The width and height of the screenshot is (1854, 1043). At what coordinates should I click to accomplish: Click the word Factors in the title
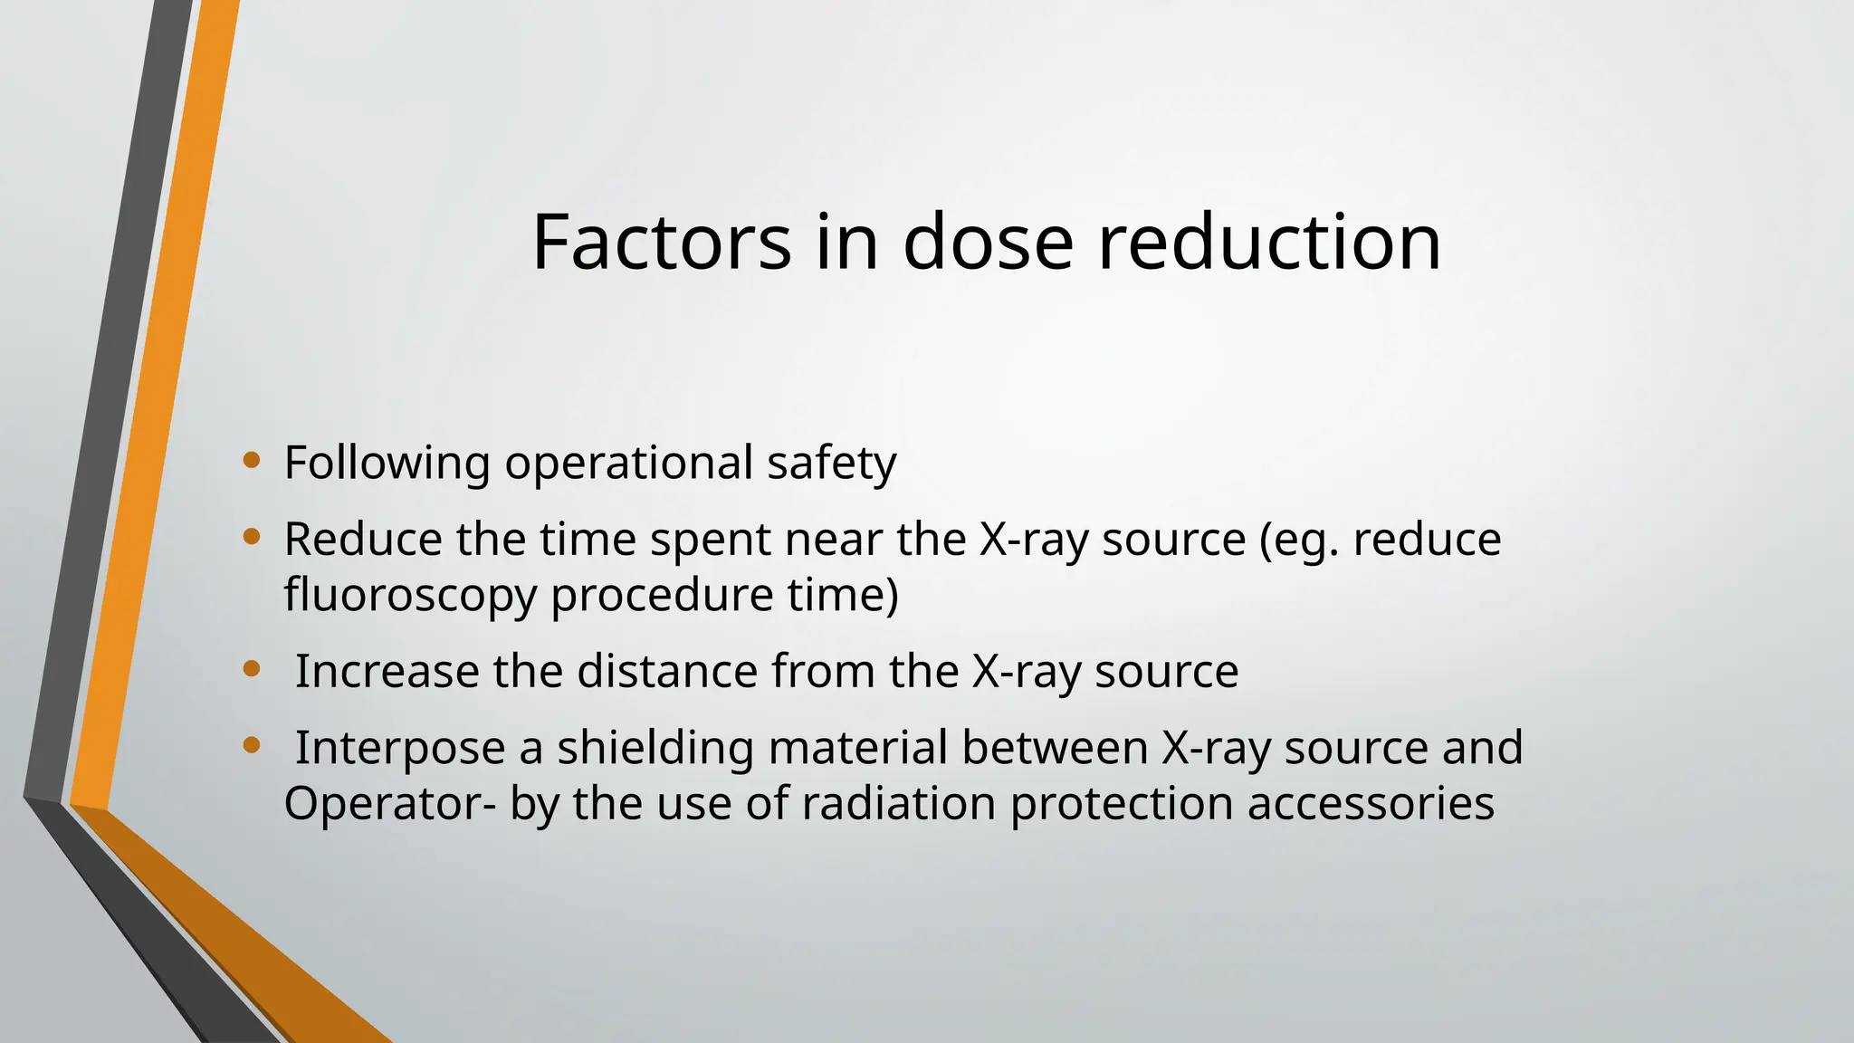pos(660,242)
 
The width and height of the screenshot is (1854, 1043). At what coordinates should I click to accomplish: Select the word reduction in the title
pos(1269,242)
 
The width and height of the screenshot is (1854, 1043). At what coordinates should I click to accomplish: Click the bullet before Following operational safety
pos(252,461)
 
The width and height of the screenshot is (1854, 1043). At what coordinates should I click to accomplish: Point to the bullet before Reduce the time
pos(252,538)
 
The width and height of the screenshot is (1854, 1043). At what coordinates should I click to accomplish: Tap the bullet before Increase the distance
pos(252,670)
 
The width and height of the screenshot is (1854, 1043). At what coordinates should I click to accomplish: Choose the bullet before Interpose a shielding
pos(252,746)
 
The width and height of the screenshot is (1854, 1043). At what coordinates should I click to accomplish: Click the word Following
pos(387,464)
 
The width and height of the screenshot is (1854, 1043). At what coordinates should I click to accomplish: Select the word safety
pos(831,464)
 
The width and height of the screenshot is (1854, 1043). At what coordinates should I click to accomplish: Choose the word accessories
pos(1371,803)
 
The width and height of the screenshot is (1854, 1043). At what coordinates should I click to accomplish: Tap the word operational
pos(628,464)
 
